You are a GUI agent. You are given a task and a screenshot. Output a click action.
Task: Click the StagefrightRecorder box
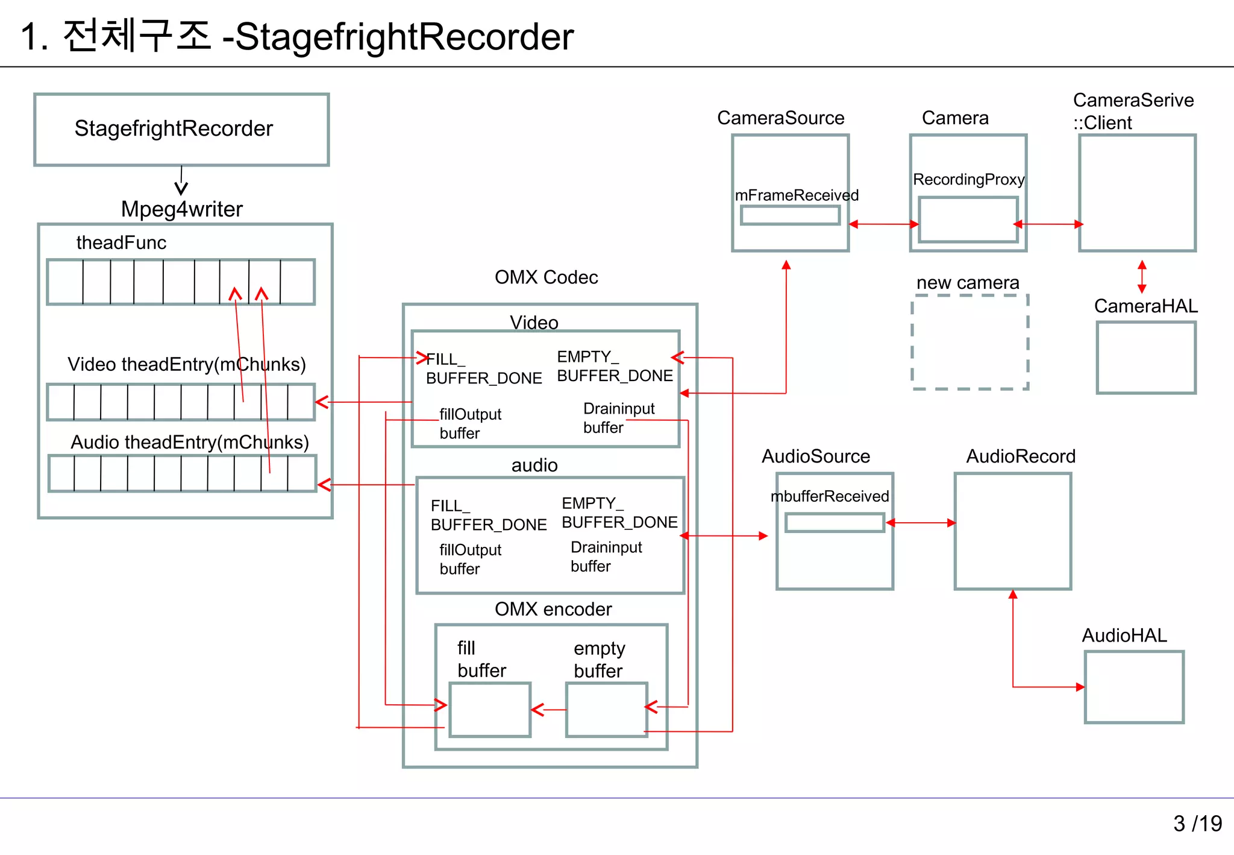(181, 130)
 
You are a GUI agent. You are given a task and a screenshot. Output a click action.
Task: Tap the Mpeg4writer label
(181, 209)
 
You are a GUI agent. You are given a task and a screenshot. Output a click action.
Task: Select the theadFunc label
(121, 242)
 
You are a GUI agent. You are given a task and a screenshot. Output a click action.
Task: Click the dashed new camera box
(969, 342)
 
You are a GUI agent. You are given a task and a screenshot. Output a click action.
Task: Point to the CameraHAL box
(1145, 358)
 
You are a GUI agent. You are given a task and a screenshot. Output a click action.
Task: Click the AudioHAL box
(1133, 687)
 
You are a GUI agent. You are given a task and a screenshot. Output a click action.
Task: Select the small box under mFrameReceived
(790, 215)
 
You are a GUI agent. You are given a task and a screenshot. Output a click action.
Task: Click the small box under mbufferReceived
(835, 522)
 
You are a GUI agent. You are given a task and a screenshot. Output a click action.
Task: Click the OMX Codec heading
(546, 277)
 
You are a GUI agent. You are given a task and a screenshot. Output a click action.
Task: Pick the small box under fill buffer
(490, 710)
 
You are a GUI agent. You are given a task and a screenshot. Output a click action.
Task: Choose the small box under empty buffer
(606, 710)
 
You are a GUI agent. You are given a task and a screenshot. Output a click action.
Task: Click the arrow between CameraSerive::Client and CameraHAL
(1142, 277)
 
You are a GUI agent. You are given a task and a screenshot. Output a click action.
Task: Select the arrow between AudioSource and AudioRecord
(921, 523)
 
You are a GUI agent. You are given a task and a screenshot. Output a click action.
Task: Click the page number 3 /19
(1197, 824)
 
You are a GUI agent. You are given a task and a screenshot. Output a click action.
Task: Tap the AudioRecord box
(1012, 531)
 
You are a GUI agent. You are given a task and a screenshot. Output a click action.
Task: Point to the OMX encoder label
(553, 609)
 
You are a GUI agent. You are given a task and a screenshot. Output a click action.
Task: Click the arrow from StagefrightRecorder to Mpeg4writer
(181, 181)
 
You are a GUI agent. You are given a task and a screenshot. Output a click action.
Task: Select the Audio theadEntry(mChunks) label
(190, 442)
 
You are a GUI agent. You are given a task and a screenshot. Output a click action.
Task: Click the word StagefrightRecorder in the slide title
(404, 37)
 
